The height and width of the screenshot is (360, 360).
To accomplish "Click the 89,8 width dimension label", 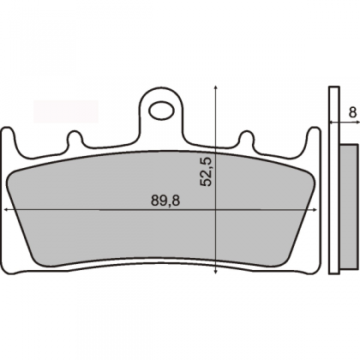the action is [x=165, y=201].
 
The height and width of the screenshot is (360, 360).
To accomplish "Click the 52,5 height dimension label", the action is [x=207, y=171].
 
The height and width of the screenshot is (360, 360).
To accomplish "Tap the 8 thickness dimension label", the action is [x=353, y=112].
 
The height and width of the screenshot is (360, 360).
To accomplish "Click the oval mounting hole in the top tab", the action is [x=162, y=111].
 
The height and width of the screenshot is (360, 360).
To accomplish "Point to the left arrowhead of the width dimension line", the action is [x=6, y=210].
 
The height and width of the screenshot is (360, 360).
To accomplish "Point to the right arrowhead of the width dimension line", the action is [x=315, y=210].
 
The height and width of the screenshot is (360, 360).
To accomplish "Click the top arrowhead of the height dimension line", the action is [x=216, y=87].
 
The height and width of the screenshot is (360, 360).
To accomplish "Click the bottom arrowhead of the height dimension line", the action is [x=216, y=272].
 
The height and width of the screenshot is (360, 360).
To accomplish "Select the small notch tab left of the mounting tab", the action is [x=75, y=138].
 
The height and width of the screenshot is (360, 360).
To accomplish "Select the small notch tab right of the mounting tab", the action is [x=246, y=138].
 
